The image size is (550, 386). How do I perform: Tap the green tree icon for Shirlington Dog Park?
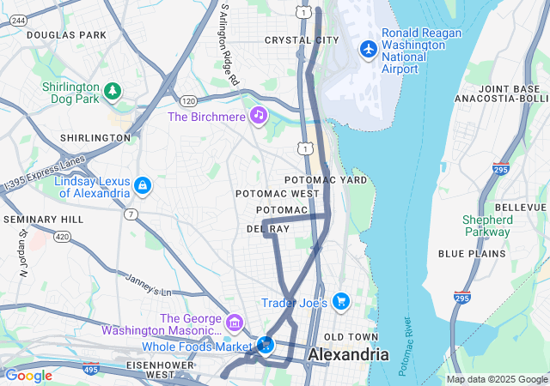pos(112,90)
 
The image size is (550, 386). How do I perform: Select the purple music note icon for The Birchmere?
pos(258,116)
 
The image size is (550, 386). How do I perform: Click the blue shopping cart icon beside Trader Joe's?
pos(341,302)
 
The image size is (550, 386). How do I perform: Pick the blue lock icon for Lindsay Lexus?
pos(142,184)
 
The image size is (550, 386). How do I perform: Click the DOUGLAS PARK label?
pos(66,35)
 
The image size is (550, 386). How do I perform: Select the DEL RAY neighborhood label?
pos(268,229)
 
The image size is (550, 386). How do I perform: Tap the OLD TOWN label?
pos(351,336)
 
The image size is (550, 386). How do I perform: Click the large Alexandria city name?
pos(348,354)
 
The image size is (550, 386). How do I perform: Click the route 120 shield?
pos(175,101)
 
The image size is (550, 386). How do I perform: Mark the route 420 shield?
pos(61,236)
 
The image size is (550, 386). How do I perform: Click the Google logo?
pos(28,376)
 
